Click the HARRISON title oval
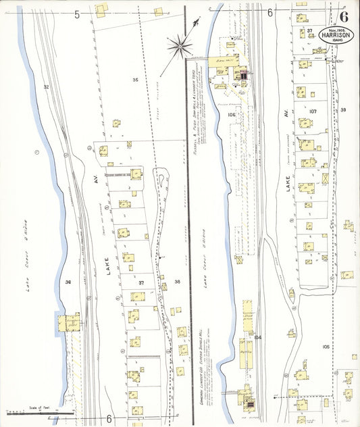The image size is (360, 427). pyautogui.click(x=335, y=34)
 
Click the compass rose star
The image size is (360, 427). pyautogui.click(x=180, y=46)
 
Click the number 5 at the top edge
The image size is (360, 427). pyautogui.click(x=77, y=14)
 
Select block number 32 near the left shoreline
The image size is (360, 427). pyautogui.click(x=46, y=87)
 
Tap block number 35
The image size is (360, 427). pyautogui.click(x=135, y=80)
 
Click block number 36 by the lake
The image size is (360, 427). pyautogui.click(x=68, y=282)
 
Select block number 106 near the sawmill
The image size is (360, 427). pyautogui.click(x=232, y=115)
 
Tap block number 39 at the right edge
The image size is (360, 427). pyautogui.click(x=343, y=109)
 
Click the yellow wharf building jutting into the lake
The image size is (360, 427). pyautogui.click(x=68, y=322)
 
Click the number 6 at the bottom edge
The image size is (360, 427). pyautogui.click(x=108, y=418)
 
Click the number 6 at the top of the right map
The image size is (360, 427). pyautogui.click(x=270, y=12)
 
